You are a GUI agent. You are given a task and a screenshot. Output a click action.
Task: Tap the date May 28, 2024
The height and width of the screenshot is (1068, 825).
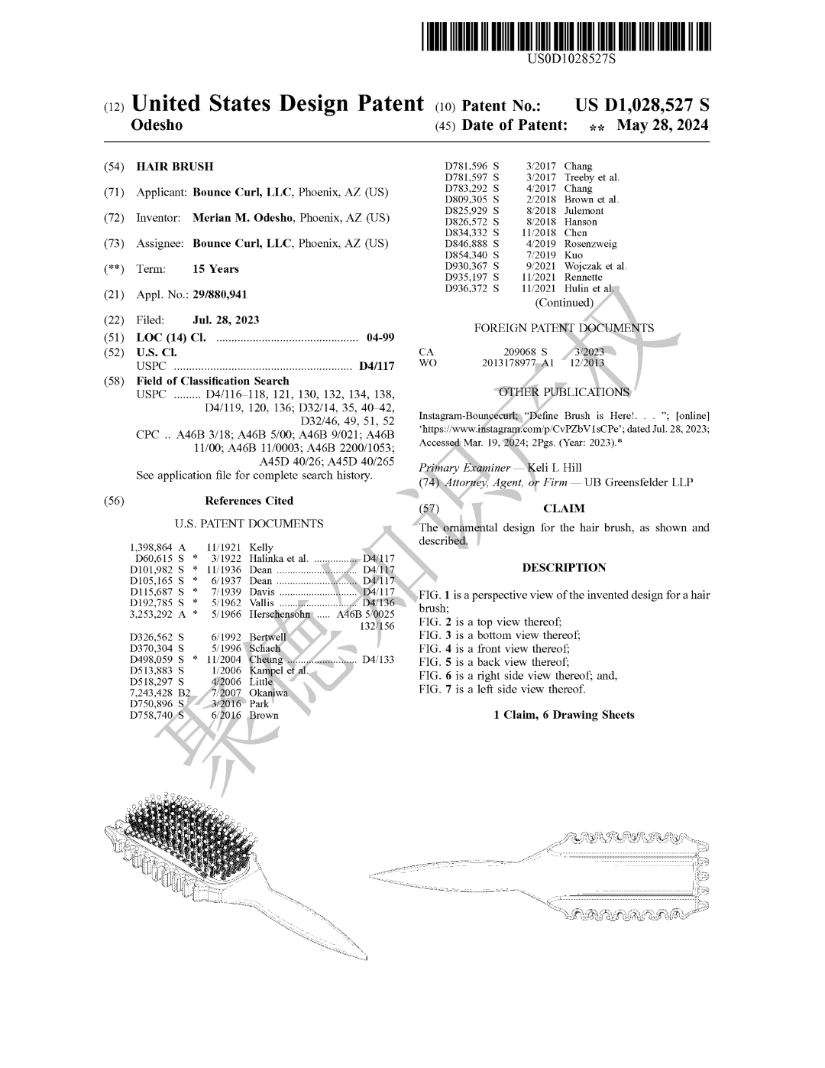[x=662, y=125]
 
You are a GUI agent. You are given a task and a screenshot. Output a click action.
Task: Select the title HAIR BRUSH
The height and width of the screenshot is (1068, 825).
[x=175, y=167]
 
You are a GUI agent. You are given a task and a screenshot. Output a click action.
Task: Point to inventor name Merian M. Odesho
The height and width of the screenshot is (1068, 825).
[x=242, y=218]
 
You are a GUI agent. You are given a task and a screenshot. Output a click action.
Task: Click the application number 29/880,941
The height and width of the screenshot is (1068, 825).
[x=220, y=294]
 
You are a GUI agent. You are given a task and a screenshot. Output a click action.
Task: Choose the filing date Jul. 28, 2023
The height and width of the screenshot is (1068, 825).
[x=225, y=320]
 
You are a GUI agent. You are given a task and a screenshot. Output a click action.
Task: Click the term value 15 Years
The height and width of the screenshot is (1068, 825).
[x=215, y=269]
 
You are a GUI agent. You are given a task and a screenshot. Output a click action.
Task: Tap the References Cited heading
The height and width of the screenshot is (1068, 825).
[x=249, y=501]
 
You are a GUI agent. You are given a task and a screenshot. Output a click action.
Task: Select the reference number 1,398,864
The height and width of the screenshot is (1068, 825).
[x=151, y=548]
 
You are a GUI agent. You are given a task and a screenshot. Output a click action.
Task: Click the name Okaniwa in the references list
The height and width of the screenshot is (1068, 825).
[x=269, y=693]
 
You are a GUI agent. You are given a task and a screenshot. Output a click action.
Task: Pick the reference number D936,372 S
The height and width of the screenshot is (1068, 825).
[x=471, y=288]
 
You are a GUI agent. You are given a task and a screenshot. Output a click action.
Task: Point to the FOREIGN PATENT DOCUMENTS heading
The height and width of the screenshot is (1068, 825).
[x=564, y=328]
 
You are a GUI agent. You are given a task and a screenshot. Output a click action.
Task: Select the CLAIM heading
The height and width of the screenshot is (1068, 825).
[x=564, y=508]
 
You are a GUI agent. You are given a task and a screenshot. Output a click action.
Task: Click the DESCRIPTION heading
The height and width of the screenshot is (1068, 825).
[x=564, y=568]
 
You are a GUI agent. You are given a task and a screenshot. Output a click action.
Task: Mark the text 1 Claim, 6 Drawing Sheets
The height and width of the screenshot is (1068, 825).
[x=564, y=715]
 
